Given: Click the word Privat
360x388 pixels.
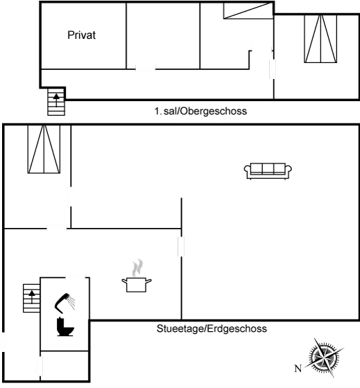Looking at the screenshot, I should [x=82, y=35].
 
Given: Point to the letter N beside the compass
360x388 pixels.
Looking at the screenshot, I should [x=297, y=368].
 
